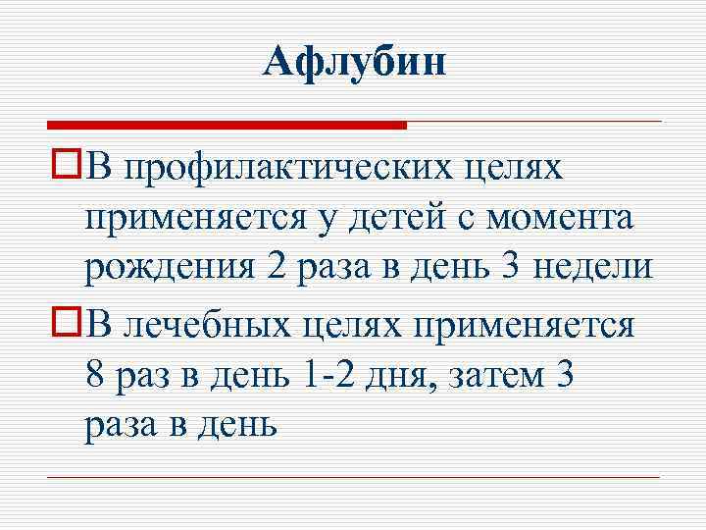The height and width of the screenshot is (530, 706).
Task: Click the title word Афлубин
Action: point(355,65)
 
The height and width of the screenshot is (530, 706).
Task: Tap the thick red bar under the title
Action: point(227,125)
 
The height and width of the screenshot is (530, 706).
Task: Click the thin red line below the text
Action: point(353,478)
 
